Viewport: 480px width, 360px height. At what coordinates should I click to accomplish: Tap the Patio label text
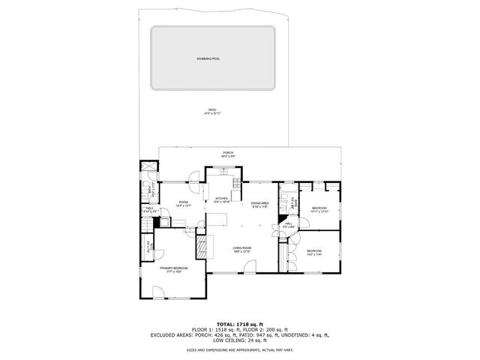click(212, 112)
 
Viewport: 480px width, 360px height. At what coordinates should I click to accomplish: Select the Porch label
click(227, 154)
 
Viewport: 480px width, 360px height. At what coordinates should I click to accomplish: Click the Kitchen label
click(221, 199)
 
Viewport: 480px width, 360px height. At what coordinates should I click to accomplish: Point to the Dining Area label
click(259, 205)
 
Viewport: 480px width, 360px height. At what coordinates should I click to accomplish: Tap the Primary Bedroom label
click(173, 269)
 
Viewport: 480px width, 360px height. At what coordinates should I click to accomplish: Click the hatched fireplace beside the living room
click(200, 247)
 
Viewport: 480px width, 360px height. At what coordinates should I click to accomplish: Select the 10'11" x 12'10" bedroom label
click(320, 210)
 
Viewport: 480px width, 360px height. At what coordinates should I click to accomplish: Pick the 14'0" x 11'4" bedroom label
click(313, 253)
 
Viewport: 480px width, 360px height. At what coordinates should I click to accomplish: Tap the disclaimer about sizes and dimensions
click(239, 349)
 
